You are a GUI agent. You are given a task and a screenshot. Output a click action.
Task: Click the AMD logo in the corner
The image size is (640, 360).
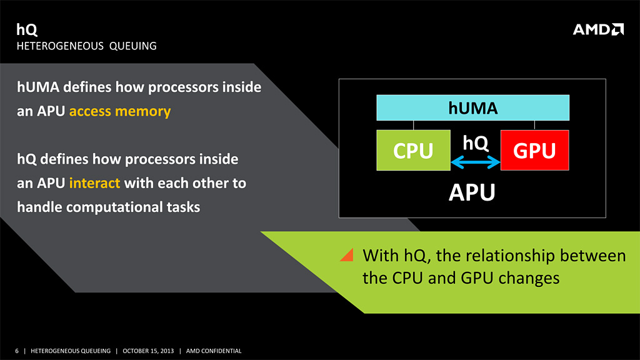[x=598, y=29]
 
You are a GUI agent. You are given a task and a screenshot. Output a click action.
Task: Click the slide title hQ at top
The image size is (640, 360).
[x=26, y=29]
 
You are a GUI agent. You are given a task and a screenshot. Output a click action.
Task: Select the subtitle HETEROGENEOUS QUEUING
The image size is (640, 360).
[x=86, y=46]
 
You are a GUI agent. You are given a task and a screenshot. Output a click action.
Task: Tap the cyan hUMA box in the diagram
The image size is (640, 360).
[x=472, y=107]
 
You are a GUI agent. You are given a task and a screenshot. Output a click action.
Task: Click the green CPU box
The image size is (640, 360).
[x=413, y=150]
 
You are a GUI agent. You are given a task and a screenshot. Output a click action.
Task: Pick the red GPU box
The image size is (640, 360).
[x=534, y=150]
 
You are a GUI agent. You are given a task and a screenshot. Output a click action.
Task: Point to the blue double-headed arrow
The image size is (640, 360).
[x=476, y=163]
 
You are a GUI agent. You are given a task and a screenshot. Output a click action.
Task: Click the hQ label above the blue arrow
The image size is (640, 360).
[x=476, y=143]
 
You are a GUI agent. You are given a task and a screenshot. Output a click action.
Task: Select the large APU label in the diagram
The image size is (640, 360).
[x=472, y=193]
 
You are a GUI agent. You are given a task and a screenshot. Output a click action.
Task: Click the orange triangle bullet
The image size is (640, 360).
[x=347, y=255]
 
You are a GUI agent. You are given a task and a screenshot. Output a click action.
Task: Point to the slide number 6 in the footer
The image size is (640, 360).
[x=17, y=351]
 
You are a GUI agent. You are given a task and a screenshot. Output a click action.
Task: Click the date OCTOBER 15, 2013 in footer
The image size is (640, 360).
[x=148, y=351]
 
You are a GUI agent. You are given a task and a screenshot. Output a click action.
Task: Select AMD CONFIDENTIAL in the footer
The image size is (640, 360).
[x=214, y=351]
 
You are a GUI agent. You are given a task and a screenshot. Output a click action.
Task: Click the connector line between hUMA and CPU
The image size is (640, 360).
[x=413, y=125]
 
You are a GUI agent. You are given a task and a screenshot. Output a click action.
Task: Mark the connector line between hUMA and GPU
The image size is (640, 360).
[x=534, y=125]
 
